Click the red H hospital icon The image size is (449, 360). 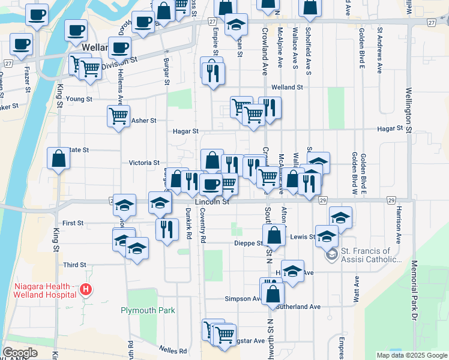[86, 290]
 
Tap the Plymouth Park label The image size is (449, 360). [148, 310]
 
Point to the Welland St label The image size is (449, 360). [287, 87]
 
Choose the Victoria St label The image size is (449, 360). [144, 163]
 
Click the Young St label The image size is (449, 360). [79, 99]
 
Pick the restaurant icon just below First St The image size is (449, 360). [167, 229]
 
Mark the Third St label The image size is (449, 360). [75, 265]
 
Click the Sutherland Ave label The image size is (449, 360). [299, 307]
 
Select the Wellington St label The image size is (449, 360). [409, 109]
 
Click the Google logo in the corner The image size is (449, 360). [20, 353]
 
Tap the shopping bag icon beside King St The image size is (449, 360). [59, 160]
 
